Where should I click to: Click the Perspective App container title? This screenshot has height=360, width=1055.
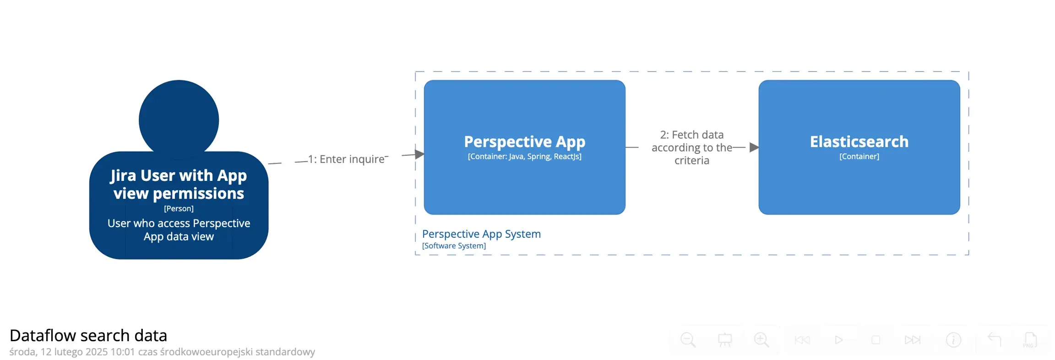pos(524,142)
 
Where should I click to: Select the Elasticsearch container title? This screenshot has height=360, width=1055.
pos(859,142)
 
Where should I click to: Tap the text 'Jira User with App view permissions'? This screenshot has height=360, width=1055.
pos(179,184)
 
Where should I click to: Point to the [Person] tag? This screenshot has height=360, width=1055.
pos(179,208)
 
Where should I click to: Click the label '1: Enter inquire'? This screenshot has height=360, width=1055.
pos(346,159)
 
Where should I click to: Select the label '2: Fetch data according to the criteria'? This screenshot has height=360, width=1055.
pos(691,147)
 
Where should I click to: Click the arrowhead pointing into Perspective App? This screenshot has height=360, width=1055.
pos(419,154)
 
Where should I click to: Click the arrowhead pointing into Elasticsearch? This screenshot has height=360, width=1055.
pos(754,147)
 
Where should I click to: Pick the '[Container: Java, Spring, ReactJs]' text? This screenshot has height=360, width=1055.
pos(524,157)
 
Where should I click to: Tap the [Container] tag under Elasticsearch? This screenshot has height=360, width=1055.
pos(859,157)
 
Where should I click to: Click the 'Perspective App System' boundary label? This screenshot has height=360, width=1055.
pos(481,234)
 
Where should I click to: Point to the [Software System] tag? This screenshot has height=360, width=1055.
pos(454,246)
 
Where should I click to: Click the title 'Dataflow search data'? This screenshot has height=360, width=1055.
pos(88,336)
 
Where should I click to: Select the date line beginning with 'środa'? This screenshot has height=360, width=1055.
pos(162,352)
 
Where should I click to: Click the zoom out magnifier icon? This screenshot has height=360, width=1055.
pos(688,340)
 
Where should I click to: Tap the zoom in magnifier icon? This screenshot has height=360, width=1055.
pos(761,340)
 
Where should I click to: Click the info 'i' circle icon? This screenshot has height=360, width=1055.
pos(953,340)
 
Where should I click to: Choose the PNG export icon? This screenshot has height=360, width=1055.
pos(1030,340)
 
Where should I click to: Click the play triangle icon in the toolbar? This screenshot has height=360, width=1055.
pos(838,340)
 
